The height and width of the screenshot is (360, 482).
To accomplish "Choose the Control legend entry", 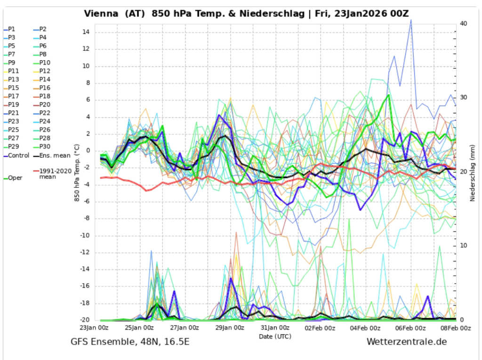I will click(x=18, y=155).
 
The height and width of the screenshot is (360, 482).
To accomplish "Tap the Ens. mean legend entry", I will click(x=55, y=155).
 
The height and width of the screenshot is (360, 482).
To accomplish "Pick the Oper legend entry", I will click(x=14, y=178).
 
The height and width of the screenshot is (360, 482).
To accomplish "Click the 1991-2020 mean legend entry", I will click(x=55, y=174).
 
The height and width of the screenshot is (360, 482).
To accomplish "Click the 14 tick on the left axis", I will click(x=85, y=32).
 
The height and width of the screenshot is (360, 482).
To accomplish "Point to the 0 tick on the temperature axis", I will click(x=87, y=151).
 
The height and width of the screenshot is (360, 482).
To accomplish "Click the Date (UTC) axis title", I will click(x=275, y=336).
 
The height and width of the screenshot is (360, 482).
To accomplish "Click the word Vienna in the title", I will click(x=101, y=13).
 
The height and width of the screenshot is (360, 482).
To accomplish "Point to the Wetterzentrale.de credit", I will click(x=406, y=342).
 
